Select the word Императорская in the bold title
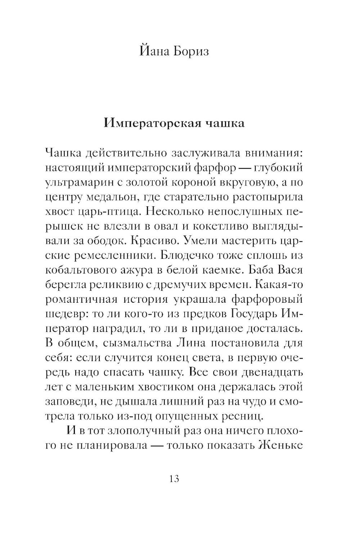(148, 123)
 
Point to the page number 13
(174, 479)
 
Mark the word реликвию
(116, 285)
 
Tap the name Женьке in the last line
(280, 445)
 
